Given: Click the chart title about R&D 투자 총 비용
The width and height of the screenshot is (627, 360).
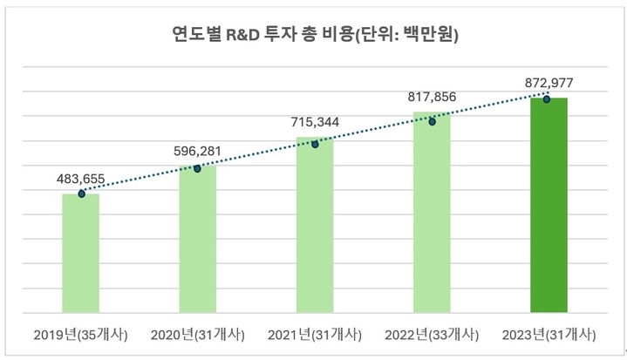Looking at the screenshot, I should point(314,36).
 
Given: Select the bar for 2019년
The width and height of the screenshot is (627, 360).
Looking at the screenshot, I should point(81,253).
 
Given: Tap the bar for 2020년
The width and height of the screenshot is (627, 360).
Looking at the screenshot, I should point(198,239).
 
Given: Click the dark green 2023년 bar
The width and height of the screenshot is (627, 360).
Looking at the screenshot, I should point(548,205).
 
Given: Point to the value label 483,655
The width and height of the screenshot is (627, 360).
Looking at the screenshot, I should point(81,179).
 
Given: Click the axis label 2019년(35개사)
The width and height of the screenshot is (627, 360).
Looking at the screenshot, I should point(81,335).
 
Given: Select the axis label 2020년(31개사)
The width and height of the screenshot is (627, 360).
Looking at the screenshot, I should point(198,335).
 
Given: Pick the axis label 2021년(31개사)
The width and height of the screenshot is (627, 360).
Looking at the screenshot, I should point(315,335).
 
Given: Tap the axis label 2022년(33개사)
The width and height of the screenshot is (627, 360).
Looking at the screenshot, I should point(432,335).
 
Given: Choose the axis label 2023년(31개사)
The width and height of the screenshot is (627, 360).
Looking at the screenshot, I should point(548,335).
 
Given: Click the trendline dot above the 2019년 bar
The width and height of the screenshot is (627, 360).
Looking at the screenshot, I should point(81,194).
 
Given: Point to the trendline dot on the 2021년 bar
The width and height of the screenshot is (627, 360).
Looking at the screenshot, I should point(315,144).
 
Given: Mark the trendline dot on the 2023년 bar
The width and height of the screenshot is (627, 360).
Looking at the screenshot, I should point(547,99).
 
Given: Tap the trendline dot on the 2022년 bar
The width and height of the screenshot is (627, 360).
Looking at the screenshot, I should point(432,121).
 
